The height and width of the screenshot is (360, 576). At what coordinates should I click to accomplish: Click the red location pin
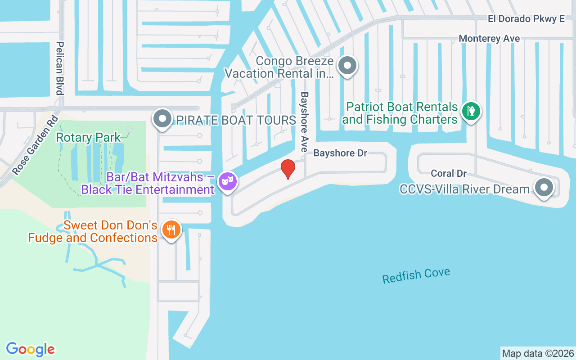(288, 169)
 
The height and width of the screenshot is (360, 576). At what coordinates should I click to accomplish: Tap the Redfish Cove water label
(416, 275)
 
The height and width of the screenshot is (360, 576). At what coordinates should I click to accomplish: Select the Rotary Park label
(88, 137)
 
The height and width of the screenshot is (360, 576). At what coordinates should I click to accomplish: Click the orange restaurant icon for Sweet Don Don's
(171, 229)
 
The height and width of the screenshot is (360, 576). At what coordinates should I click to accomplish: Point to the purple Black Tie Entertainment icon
(227, 182)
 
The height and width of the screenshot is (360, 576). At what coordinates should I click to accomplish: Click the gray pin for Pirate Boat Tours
(162, 119)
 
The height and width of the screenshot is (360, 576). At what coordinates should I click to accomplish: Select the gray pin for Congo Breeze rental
(347, 66)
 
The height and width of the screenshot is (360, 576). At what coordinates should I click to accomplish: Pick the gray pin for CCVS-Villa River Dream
(544, 187)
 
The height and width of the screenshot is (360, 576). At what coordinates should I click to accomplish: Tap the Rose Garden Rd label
(36, 145)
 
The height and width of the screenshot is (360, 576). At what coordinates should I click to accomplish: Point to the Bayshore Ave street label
(305, 122)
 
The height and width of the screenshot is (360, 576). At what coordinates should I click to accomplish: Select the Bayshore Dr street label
(340, 153)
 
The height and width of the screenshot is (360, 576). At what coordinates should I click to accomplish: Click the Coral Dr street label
(448, 173)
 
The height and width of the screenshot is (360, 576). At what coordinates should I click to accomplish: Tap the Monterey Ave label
(489, 39)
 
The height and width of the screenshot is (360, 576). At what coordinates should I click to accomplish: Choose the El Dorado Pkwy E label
(526, 18)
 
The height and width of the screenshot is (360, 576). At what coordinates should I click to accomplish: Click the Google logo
(31, 349)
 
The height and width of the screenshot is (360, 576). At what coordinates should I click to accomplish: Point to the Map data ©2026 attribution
(538, 353)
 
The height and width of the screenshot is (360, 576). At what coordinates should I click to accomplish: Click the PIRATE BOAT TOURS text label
(236, 120)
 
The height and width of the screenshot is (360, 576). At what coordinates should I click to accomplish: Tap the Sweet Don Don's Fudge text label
(93, 231)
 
